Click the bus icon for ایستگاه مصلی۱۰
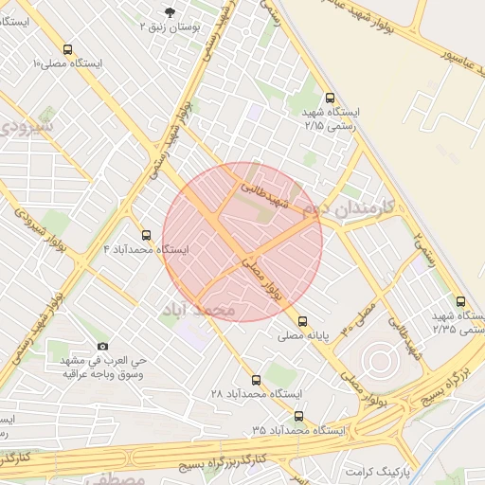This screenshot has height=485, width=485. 66,49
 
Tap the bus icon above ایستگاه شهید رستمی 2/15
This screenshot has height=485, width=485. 330,98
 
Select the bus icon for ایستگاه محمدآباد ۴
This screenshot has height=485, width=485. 146,234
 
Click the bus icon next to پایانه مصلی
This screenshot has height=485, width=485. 302,321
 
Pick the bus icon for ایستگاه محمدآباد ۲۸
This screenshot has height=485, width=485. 256,380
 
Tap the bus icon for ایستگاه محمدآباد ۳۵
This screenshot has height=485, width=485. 299,416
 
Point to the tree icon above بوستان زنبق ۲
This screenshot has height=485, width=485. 170,11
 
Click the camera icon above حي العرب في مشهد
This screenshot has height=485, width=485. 102,347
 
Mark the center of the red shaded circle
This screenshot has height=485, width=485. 242,242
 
